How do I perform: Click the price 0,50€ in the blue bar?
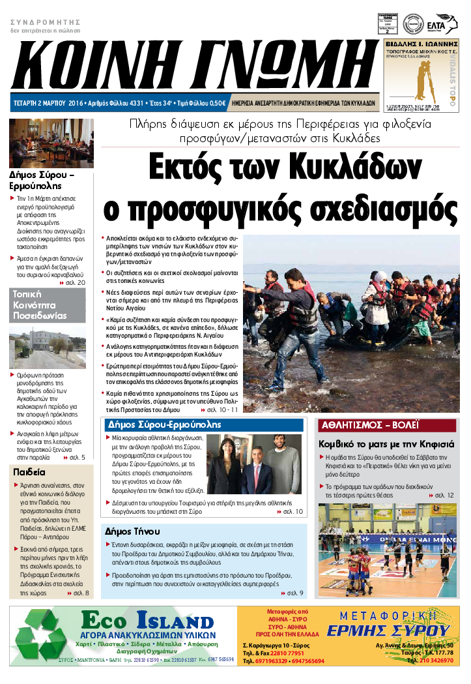click(217, 103)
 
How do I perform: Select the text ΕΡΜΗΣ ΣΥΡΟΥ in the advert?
click(389, 631)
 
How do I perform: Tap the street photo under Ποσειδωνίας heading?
click(47, 349)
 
